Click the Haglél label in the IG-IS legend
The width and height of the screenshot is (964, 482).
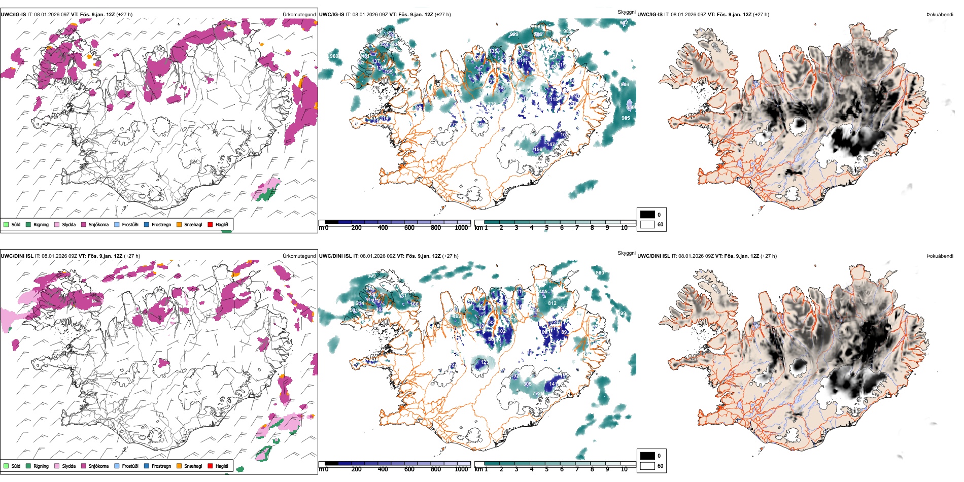[x=222, y=225]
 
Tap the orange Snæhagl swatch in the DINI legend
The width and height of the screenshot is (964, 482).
[x=179, y=466]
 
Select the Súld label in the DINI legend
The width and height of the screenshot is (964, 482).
[x=16, y=466]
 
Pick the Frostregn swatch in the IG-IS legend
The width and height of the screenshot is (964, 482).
[x=147, y=225]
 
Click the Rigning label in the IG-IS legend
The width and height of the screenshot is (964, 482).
[x=41, y=225]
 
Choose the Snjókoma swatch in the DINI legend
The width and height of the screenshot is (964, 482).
[x=84, y=466]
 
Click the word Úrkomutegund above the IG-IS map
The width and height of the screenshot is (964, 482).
[x=299, y=15]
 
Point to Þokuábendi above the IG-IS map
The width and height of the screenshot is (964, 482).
[x=940, y=15]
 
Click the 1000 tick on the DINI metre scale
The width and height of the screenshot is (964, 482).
[x=461, y=469]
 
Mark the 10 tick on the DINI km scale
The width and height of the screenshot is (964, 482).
[x=624, y=469]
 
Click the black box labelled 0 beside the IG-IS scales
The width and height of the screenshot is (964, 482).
[x=647, y=215]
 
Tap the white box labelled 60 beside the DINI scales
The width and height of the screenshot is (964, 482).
[x=647, y=466]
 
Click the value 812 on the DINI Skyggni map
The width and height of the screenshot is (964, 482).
[x=552, y=303]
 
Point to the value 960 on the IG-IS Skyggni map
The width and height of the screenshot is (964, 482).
[x=334, y=56]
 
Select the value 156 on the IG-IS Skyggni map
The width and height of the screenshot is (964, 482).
[x=538, y=150]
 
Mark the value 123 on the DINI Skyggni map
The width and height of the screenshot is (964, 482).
[x=484, y=362]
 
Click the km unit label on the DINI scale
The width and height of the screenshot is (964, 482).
[x=478, y=469]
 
